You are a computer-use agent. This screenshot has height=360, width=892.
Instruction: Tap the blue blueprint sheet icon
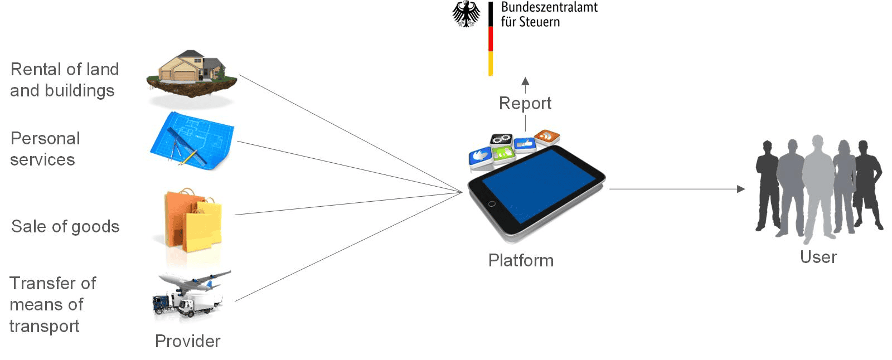pos(191,140)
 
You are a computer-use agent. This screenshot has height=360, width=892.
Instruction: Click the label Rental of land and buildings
pos(64,80)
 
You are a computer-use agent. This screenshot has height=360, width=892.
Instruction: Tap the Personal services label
pos(45,149)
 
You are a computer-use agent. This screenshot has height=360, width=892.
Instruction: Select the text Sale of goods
pos(65,226)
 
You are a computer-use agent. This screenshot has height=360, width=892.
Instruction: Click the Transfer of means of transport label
pos(52,304)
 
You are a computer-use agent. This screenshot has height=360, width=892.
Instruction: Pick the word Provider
pos(187,341)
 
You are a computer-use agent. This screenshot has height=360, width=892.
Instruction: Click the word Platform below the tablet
pos(521,260)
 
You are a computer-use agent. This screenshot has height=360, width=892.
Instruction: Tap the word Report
pos(525,103)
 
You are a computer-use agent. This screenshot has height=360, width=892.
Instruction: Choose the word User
pos(818,257)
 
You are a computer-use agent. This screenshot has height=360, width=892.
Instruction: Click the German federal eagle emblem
pos(466,14)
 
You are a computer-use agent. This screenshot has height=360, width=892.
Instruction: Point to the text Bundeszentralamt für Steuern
pos(549,14)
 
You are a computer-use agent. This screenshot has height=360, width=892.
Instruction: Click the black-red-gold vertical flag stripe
pos(491,38)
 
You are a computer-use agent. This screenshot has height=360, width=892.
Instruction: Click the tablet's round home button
pos(491,204)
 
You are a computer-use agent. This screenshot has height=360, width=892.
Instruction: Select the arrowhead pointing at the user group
pos(740,189)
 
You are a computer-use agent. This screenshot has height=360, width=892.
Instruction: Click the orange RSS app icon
pos(547,136)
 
